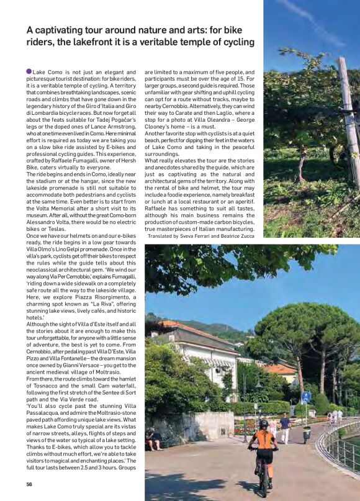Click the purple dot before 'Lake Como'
tap(29, 72)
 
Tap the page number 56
tap(29, 484)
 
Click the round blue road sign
tap(306, 395)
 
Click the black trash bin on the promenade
tap(307, 434)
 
